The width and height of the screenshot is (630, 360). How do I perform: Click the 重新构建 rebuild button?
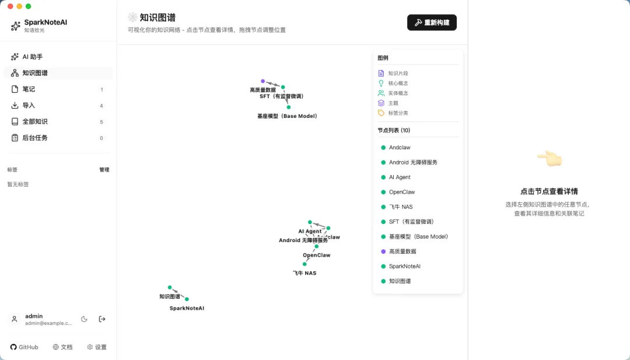pyautogui.click(x=432, y=23)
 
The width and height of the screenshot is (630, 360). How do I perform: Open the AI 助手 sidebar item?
pyautogui.click(x=32, y=57)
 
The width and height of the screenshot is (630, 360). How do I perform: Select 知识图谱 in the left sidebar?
pyautogui.click(x=35, y=73)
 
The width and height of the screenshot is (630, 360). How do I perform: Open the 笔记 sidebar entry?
pyautogui.click(x=29, y=89)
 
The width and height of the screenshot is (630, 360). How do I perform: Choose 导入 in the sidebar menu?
pyautogui.click(x=29, y=106)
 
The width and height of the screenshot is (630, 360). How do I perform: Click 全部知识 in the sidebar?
pyautogui.click(x=35, y=122)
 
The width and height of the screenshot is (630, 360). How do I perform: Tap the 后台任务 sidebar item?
pyautogui.click(x=35, y=138)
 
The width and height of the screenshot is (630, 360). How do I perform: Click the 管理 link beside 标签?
pyautogui.click(x=104, y=170)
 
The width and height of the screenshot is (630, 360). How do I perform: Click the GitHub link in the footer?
pyautogui.click(x=24, y=347)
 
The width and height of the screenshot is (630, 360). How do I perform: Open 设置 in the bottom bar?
pyautogui.click(x=97, y=347)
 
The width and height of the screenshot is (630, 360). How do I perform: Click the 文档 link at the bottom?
pyautogui.click(x=62, y=347)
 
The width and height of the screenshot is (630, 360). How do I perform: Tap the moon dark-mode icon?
pyautogui.click(x=84, y=319)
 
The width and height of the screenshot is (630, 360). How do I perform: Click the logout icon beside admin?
pyautogui.click(x=102, y=319)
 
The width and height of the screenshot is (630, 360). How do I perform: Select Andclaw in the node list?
pyautogui.click(x=400, y=148)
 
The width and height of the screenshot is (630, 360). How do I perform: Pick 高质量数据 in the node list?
pyautogui.click(x=402, y=251)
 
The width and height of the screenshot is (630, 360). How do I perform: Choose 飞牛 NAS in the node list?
pyautogui.click(x=401, y=207)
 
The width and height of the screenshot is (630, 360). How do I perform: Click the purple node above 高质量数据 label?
pyautogui.click(x=263, y=81)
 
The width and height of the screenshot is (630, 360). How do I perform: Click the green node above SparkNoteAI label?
pyautogui.click(x=187, y=299)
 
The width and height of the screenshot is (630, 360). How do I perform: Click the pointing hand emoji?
pyautogui.click(x=549, y=158)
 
